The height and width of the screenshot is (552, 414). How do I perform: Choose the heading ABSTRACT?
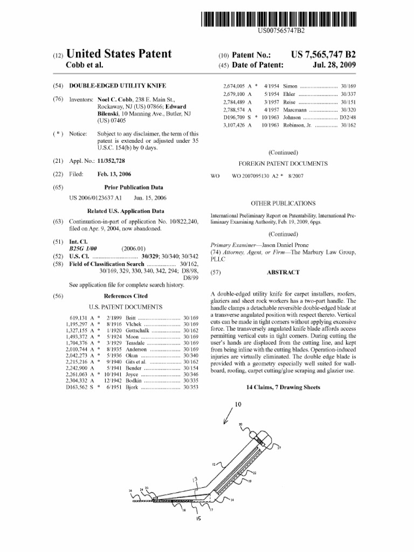pos(282,273)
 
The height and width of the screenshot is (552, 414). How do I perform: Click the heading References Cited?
pos(125,296)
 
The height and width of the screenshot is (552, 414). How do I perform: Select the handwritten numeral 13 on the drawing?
pos(196,479)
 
